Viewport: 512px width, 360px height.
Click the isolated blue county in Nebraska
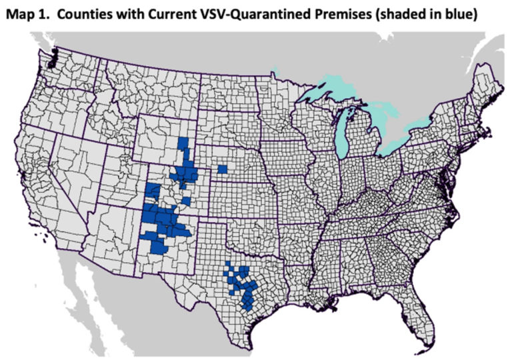click(221, 168)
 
